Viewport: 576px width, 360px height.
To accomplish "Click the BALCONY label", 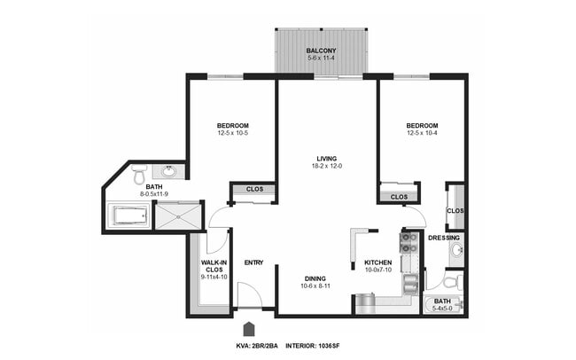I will point(321,51).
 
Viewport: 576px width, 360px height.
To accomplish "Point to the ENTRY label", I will point(253,262).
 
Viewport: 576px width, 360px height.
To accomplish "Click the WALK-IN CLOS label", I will point(214,267).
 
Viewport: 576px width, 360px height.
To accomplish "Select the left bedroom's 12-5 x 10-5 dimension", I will point(232,134).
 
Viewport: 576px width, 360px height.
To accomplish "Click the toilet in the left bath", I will point(139,176).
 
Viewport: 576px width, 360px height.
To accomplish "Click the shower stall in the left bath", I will point(179,215).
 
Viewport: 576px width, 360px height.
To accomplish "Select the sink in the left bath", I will point(168,172).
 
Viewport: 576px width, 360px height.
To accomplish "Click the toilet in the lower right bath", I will point(451,283).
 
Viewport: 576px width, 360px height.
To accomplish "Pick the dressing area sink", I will point(455,251).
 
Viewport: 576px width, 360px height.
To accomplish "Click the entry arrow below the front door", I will point(250,325).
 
